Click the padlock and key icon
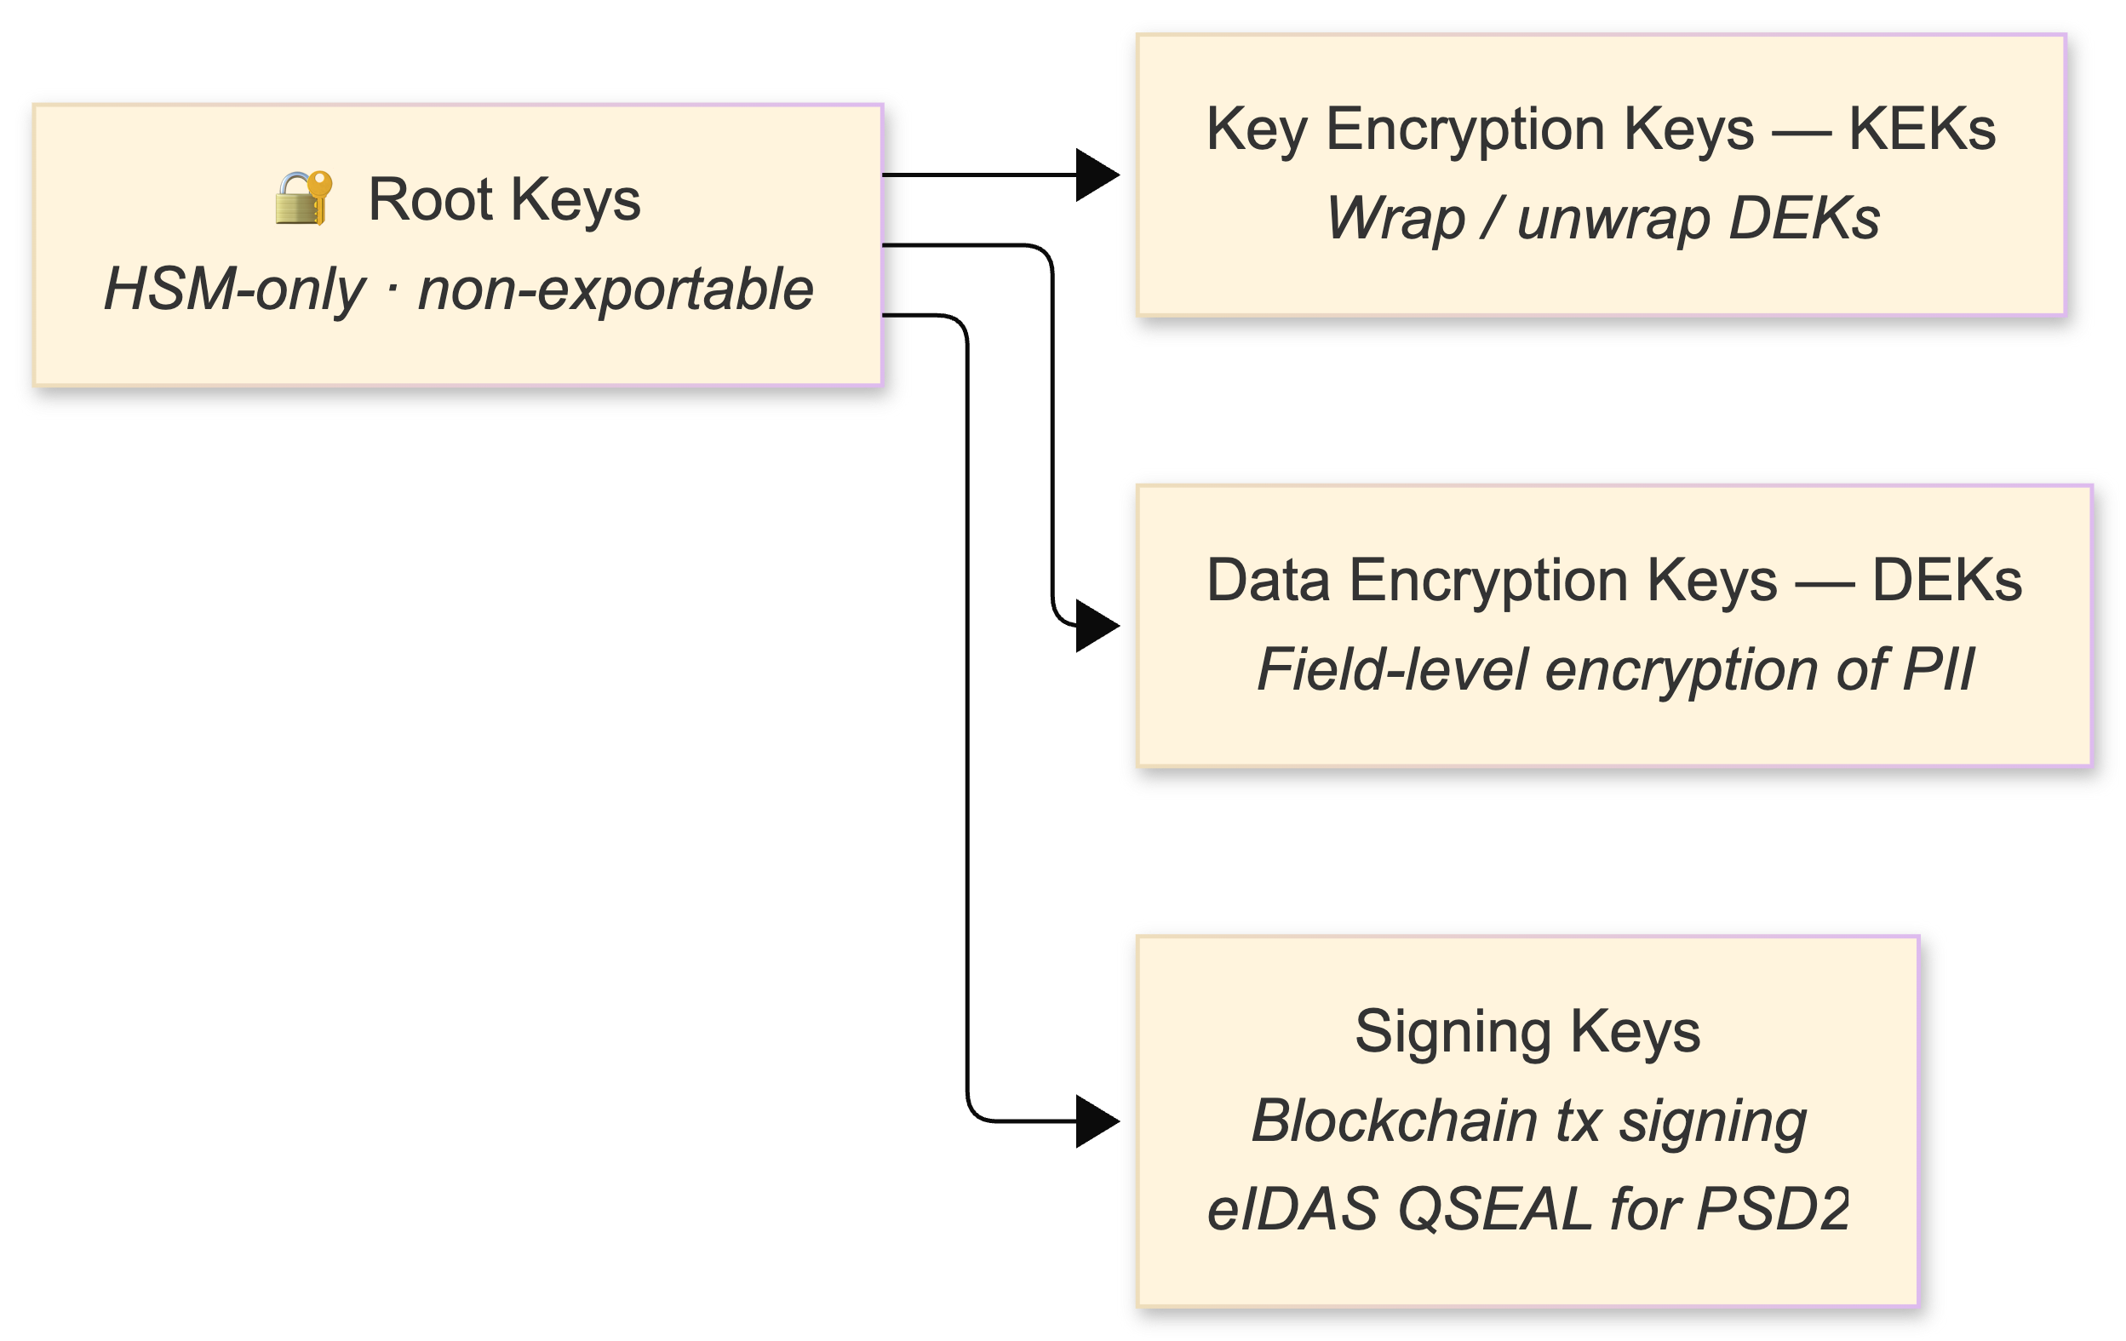(x=304, y=198)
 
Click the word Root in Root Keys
(x=430, y=199)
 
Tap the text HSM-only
(x=234, y=289)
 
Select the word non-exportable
(x=616, y=289)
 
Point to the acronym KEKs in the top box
(x=1922, y=129)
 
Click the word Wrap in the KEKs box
(x=1395, y=218)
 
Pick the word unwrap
(x=1613, y=218)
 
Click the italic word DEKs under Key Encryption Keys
(x=1804, y=218)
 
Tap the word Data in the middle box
(x=1268, y=581)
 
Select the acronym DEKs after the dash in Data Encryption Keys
(x=1946, y=581)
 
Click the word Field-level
(x=1392, y=670)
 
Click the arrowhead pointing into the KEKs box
(x=1097, y=175)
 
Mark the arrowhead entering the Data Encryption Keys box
(x=1097, y=626)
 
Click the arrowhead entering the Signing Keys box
(x=1097, y=1121)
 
